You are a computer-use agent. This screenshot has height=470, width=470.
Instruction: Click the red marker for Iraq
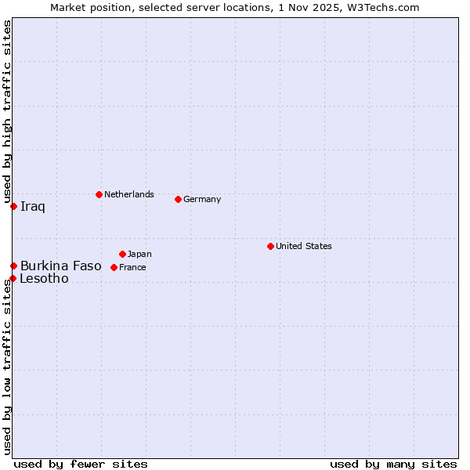[13, 206]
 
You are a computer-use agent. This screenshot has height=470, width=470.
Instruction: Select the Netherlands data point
[99, 194]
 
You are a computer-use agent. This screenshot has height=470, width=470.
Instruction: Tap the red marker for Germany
[178, 199]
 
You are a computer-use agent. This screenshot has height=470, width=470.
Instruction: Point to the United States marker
[270, 246]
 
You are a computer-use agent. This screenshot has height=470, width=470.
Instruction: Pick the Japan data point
[122, 254]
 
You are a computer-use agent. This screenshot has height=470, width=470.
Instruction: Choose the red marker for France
[114, 267]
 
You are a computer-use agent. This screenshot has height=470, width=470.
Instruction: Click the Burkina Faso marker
[13, 266]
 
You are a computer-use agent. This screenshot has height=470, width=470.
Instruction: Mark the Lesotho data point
[13, 278]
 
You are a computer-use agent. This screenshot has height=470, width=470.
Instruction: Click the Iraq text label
[33, 207]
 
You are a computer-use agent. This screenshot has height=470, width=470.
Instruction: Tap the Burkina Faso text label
[61, 266]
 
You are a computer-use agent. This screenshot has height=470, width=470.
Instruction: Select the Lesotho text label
[44, 279]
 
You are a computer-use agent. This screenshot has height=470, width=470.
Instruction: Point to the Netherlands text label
[129, 194]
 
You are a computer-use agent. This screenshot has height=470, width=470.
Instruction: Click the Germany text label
[202, 199]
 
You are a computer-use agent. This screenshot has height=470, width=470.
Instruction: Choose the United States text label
[304, 246]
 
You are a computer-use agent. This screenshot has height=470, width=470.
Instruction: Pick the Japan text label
[139, 254]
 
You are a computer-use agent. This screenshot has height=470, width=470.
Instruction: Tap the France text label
[132, 267]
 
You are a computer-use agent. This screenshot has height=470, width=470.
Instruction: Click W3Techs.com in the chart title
[384, 8]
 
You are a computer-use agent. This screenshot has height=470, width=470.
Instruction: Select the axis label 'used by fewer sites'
[81, 464]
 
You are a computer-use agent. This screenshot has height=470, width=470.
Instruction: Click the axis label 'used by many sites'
[393, 464]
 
